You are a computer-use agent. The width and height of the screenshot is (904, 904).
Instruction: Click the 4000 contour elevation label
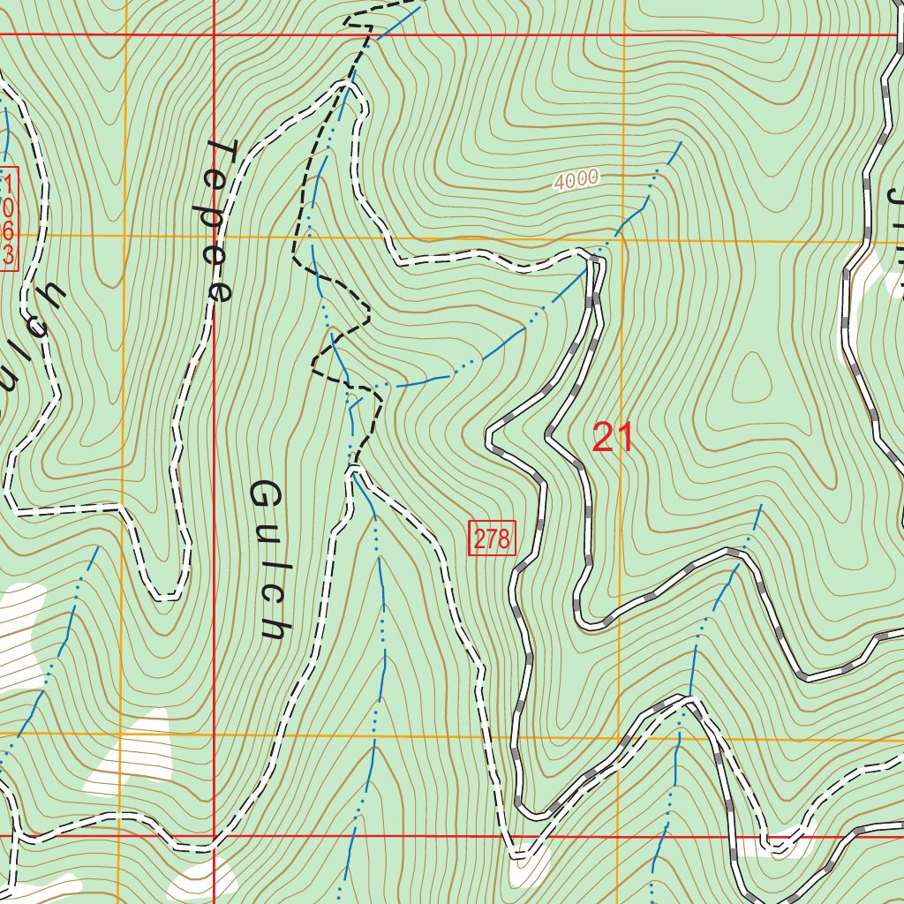(x=576, y=179)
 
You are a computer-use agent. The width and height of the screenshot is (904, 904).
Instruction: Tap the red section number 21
(x=613, y=438)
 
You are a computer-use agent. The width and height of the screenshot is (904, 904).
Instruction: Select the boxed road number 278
(x=492, y=539)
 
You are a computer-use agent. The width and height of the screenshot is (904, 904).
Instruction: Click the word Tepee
(x=218, y=221)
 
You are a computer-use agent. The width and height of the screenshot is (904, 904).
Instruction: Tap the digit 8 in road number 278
(x=504, y=539)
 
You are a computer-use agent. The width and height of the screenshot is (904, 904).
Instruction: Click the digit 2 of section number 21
(x=603, y=438)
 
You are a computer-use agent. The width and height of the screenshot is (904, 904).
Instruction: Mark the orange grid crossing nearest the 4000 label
(x=622, y=239)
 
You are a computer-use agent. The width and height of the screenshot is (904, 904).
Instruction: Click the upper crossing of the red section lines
(x=215, y=35)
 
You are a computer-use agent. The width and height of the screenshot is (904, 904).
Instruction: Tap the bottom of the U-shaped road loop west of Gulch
(x=166, y=597)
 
